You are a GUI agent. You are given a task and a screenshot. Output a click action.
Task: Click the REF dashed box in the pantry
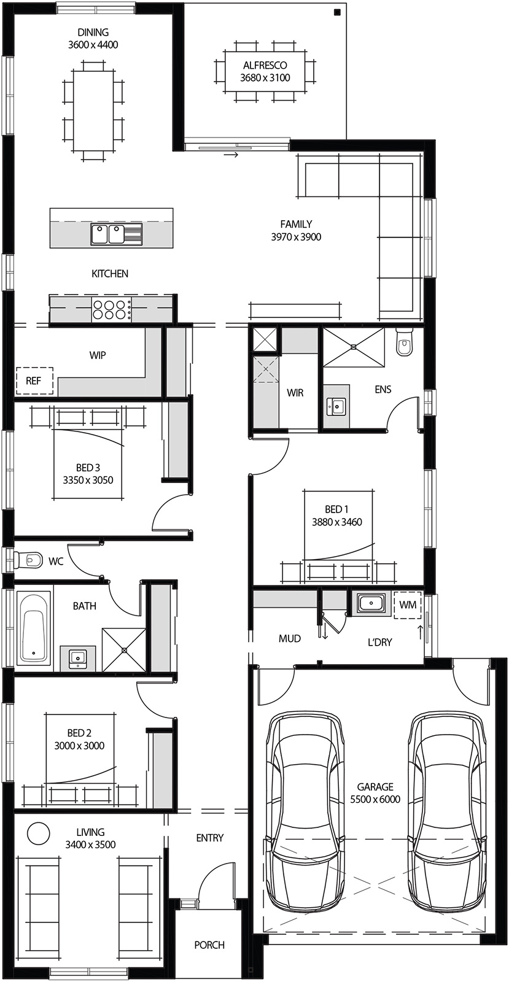coord(34,381)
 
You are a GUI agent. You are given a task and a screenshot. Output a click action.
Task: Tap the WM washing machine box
coord(407,605)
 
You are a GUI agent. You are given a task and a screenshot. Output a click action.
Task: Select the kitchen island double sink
coord(109,234)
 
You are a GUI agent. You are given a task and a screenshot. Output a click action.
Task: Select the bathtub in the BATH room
coord(33,627)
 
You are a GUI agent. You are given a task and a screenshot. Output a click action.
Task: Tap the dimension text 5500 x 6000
coord(375,799)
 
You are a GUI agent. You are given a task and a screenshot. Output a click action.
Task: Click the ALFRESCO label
coord(265,65)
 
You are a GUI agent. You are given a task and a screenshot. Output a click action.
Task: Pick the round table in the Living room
coord(38,833)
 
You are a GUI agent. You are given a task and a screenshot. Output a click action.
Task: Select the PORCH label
coord(209,945)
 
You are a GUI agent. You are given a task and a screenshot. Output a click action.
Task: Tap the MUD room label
coord(290,638)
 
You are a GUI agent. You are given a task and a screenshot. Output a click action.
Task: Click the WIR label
coord(295,393)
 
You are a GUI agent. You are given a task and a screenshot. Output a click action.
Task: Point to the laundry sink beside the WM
coord(371,603)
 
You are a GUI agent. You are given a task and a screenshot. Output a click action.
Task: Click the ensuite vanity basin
coord(336,406)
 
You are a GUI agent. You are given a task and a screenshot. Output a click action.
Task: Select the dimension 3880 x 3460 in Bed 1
coord(336,522)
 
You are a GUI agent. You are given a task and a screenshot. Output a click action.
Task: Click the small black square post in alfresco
coord(337,12)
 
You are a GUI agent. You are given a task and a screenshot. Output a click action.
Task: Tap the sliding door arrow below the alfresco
coord(231,155)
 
